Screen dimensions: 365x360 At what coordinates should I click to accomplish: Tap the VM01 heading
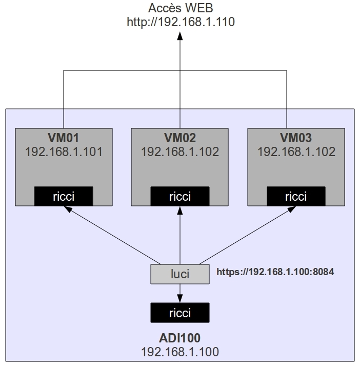tap(64, 138)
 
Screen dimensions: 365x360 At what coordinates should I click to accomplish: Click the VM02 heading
tap(179, 138)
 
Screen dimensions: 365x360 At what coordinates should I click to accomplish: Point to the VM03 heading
tap(296, 138)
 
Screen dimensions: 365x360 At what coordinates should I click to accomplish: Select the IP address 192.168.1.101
tap(64, 151)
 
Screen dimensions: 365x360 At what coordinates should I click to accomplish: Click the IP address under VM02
tap(179, 151)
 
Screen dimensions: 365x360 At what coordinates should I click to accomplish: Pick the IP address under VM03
tap(296, 151)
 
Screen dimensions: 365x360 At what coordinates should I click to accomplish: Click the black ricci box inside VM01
tap(64, 196)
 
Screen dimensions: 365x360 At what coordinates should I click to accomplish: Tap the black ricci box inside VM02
tap(179, 196)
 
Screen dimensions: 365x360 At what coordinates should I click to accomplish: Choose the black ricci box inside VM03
tap(296, 196)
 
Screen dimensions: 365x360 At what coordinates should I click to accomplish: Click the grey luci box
tap(179, 274)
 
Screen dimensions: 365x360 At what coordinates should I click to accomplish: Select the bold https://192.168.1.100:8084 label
tap(275, 272)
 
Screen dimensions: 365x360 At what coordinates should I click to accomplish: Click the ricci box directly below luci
tap(179, 313)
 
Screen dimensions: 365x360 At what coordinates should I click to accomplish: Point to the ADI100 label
tap(179, 338)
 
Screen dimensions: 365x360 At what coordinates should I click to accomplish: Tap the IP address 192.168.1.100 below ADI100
tap(179, 352)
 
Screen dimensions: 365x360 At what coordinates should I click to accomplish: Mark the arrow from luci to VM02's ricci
tap(180, 236)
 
